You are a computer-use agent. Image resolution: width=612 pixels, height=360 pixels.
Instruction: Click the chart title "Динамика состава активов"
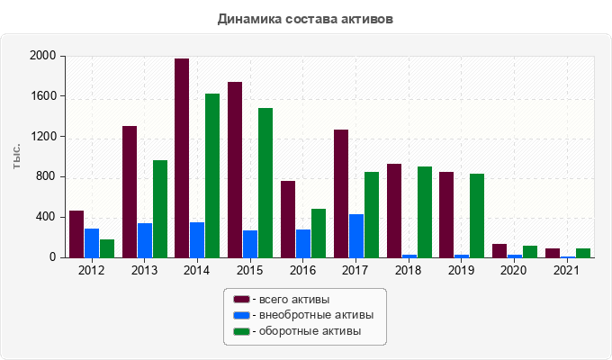pyautogui.click(x=305, y=18)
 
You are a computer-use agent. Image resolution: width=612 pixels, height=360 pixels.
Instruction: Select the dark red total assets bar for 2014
pyautogui.click(x=182, y=158)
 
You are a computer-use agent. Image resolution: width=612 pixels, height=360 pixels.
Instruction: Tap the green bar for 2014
pyautogui.click(x=212, y=175)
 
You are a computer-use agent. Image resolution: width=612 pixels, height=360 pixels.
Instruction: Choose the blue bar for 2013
pyautogui.click(x=145, y=240)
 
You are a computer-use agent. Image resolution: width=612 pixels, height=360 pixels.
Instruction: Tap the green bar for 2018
pyautogui.click(x=425, y=212)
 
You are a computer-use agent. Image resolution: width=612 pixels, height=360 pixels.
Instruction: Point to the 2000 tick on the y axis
pyautogui.click(x=45, y=56)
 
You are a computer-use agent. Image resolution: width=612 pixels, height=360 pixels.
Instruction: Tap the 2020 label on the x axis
pyautogui.click(x=514, y=269)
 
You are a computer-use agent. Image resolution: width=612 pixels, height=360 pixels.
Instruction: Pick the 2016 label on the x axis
pyautogui.click(x=302, y=269)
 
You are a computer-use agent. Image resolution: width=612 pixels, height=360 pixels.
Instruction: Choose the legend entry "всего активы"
pyautogui.click(x=292, y=299)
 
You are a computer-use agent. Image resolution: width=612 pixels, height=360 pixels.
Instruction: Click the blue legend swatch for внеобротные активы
pyautogui.click(x=241, y=315)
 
